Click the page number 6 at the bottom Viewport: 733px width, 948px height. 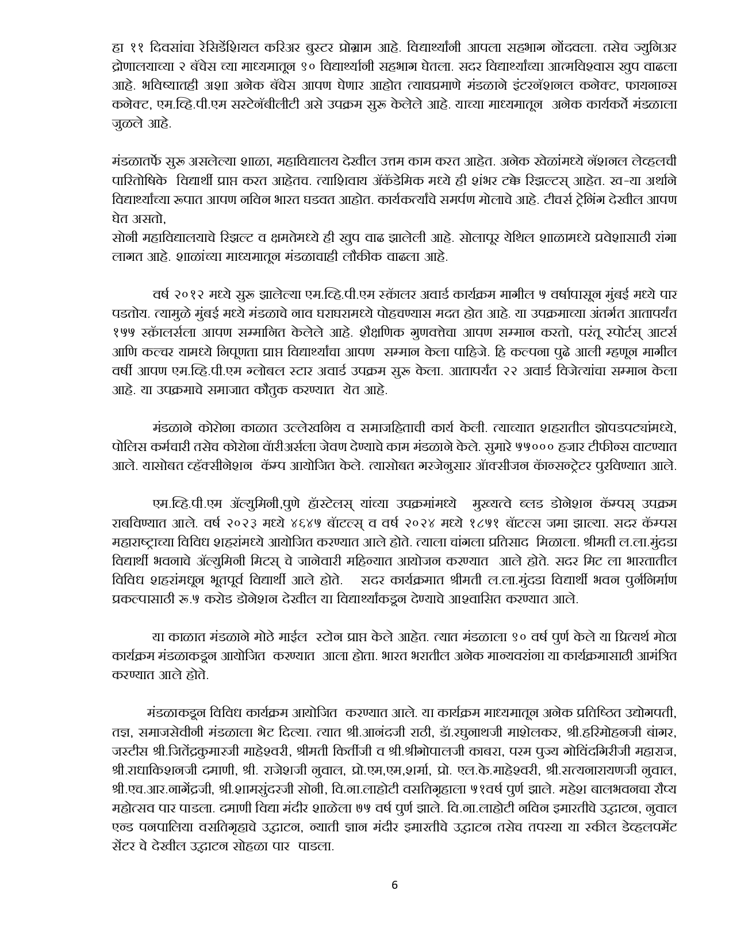394,885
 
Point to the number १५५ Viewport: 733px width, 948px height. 126,333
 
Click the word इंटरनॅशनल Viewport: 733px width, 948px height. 522,85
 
